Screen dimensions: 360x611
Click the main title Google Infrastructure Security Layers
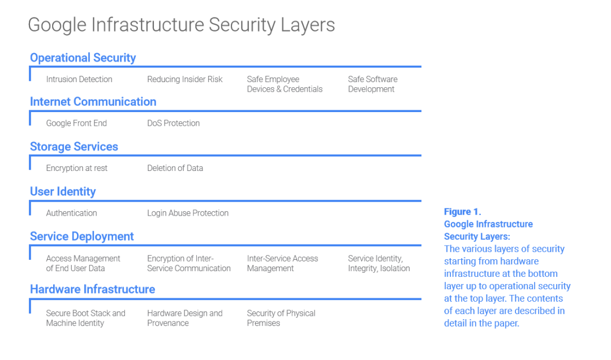(181, 25)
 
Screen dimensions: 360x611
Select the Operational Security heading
(83, 58)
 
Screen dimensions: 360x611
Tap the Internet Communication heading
(93, 102)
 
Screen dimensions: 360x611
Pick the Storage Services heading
(74, 147)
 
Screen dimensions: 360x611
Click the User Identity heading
(63, 191)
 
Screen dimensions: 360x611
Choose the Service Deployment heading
(81, 237)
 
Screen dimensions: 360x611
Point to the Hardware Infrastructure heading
(92, 289)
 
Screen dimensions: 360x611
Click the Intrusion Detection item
(79, 79)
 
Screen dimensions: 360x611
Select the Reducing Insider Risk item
(184, 79)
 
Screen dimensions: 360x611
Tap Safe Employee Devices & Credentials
(285, 84)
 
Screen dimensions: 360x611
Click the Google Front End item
(76, 123)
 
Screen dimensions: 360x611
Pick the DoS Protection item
(173, 123)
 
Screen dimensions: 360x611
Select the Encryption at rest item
(76, 168)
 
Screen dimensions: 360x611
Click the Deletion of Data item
(175, 168)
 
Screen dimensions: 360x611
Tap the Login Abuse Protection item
(188, 213)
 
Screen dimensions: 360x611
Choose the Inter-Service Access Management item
(282, 263)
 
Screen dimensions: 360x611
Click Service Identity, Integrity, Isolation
(378, 263)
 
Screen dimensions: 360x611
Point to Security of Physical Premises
(281, 318)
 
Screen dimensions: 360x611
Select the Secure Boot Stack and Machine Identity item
(85, 318)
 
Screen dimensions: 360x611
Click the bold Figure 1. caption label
(462, 212)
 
